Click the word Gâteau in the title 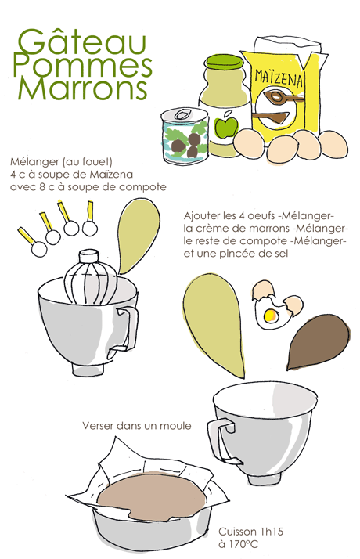pyautogui.click(x=82, y=44)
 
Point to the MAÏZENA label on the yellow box pyautogui.click(x=279, y=79)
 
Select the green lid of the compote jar pyautogui.click(x=225, y=63)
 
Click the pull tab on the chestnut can pyautogui.click(x=183, y=115)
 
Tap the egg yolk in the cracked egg pyautogui.click(x=270, y=315)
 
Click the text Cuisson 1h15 pyautogui.click(x=250, y=532)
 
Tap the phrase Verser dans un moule pyautogui.click(x=137, y=425)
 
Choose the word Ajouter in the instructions pyautogui.click(x=201, y=216)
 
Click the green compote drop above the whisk pyautogui.click(x=137, y=236)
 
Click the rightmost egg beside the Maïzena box pyautogui.click(x=333, y=144)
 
